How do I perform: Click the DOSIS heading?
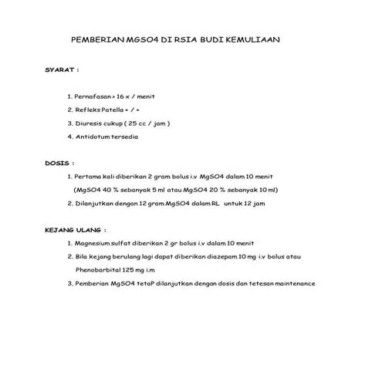[59, 164]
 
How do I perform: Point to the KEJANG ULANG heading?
[74, 229]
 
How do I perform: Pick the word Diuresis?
[90, 123]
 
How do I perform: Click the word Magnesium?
[95, 242]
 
